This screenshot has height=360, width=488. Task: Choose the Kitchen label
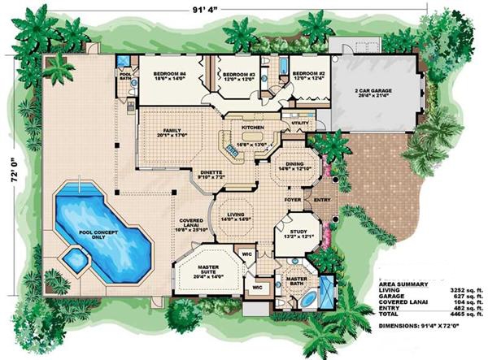[x=252, y=128]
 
